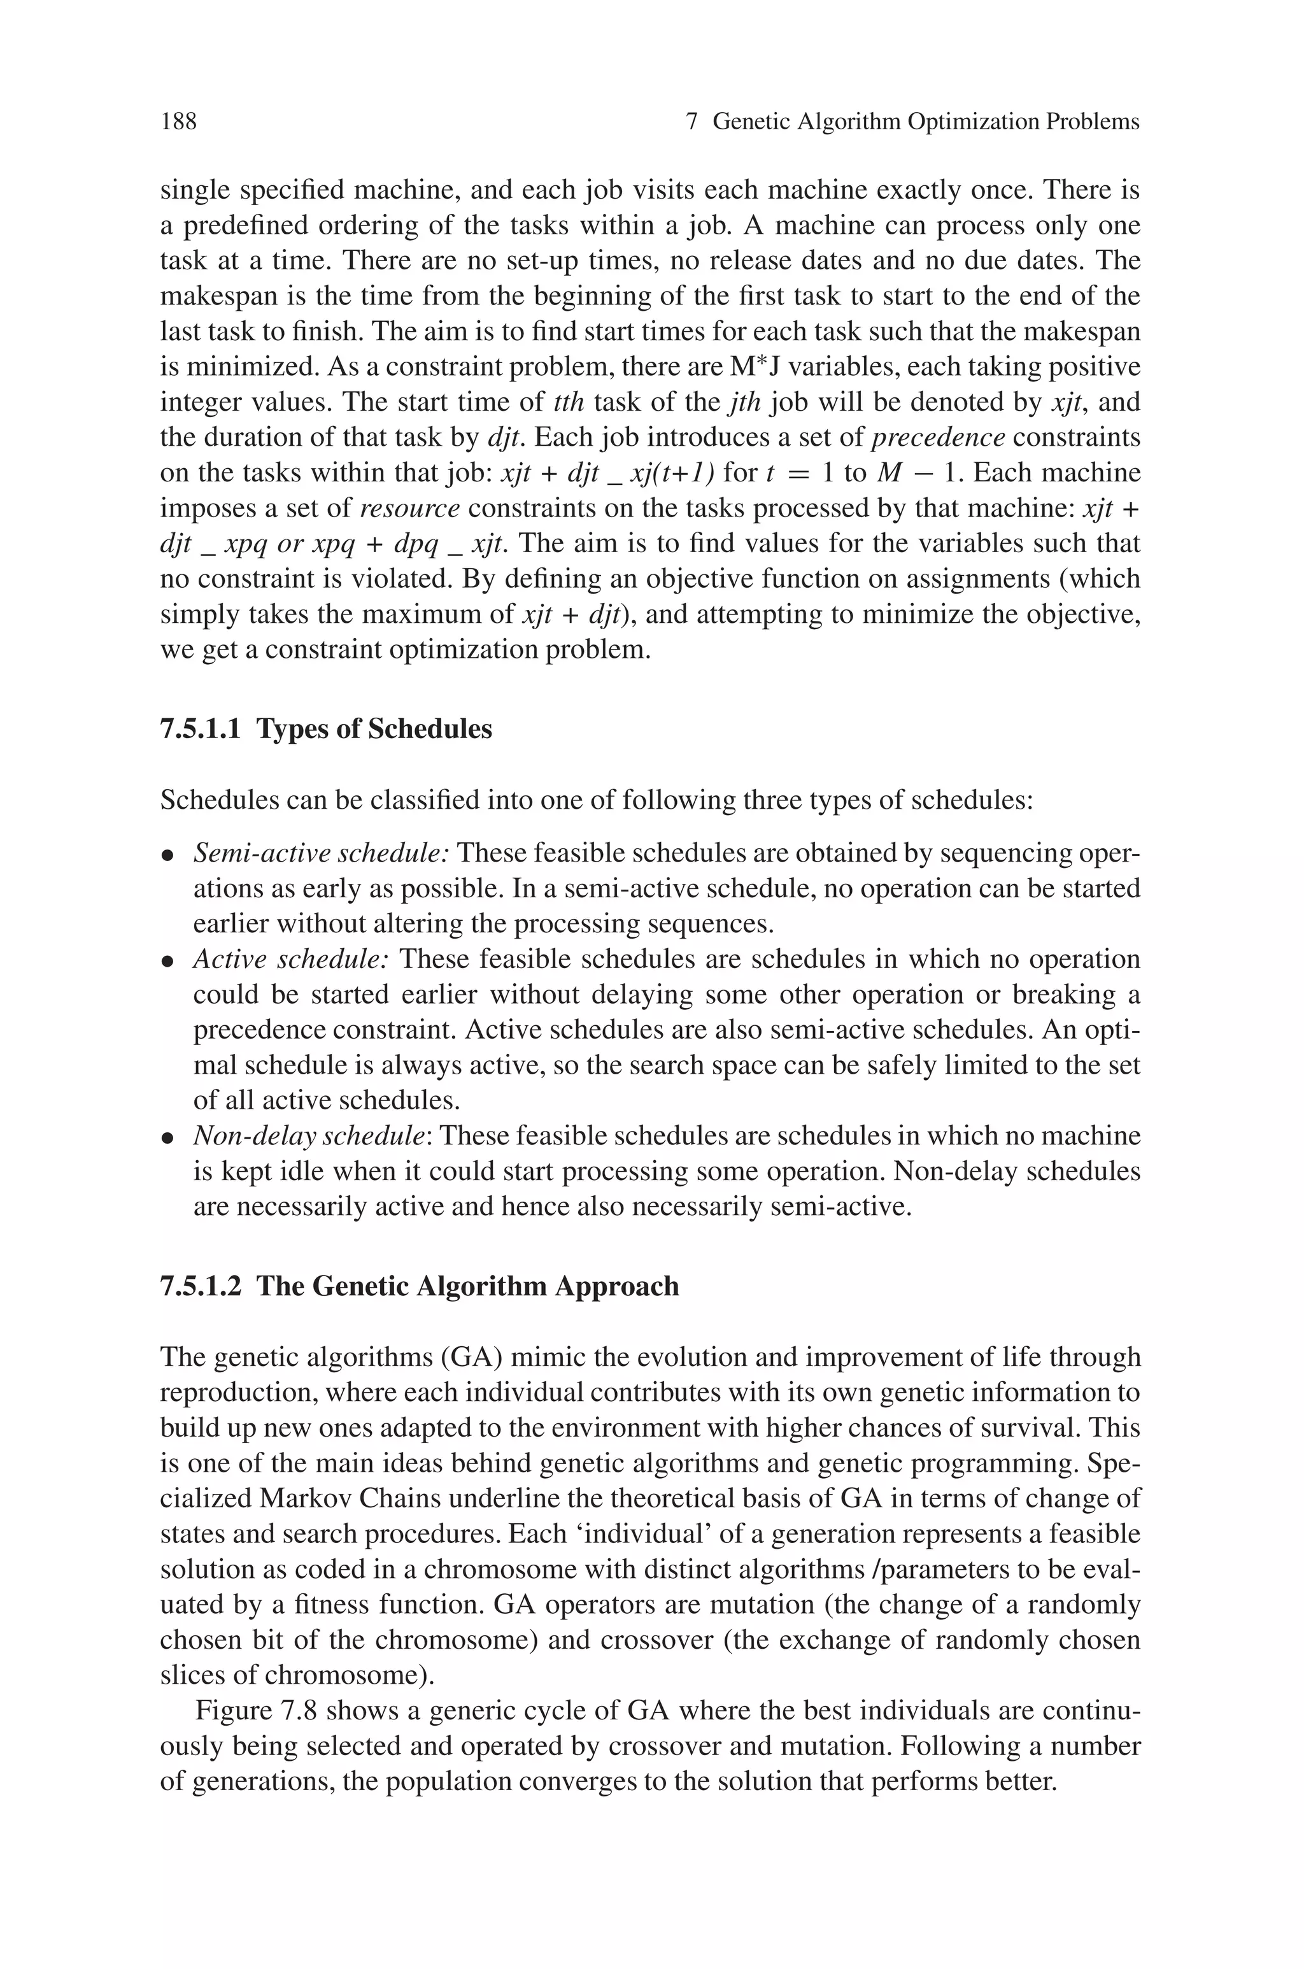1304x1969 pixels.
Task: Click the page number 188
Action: coord(179,122)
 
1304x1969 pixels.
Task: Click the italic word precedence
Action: coord(940,437)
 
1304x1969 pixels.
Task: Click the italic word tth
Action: coord(569,402)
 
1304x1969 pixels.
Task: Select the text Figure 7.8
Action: coord(256,1711)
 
